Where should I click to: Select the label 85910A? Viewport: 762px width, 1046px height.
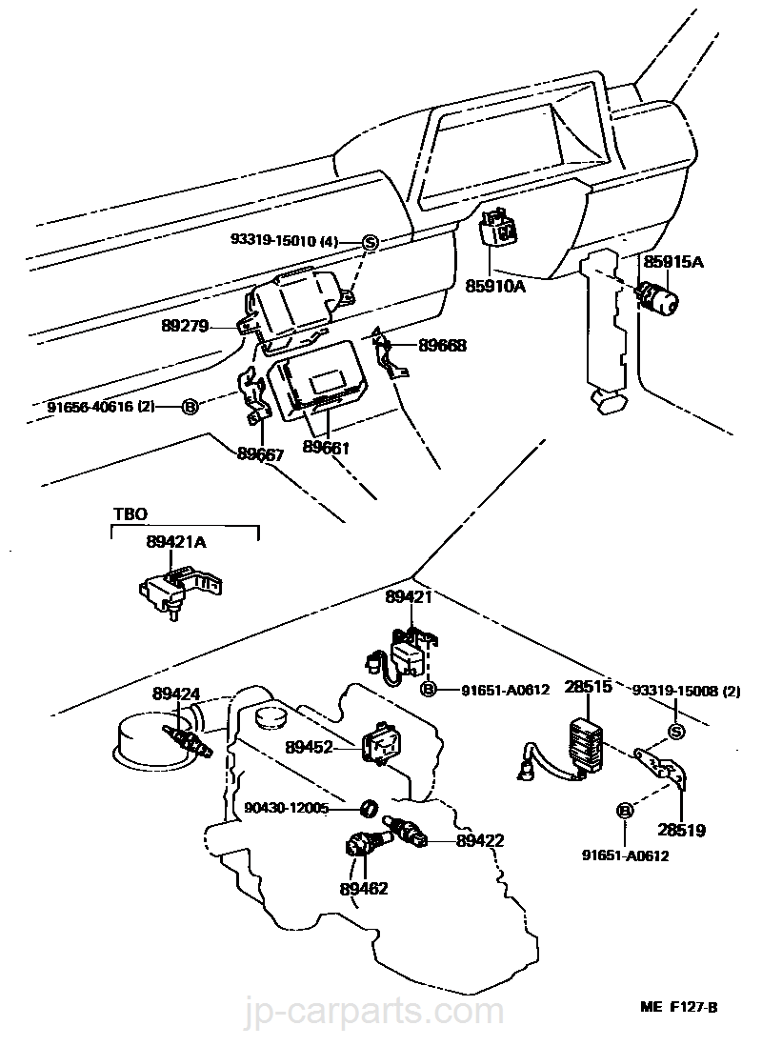click(495, 284)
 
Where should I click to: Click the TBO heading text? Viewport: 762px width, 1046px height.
click(130, 513)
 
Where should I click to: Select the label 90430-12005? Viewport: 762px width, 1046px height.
click(285, 808)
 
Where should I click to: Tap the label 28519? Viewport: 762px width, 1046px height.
click(682, 830)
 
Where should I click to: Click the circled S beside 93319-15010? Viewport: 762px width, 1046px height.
click(371, 243)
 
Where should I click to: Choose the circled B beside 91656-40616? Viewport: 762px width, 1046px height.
click(190, 407)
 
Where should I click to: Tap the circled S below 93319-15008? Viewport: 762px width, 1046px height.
click(676, 731)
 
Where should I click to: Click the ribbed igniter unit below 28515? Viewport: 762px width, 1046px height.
click(585, 744)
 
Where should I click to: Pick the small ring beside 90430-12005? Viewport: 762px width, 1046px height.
click(365, 809)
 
